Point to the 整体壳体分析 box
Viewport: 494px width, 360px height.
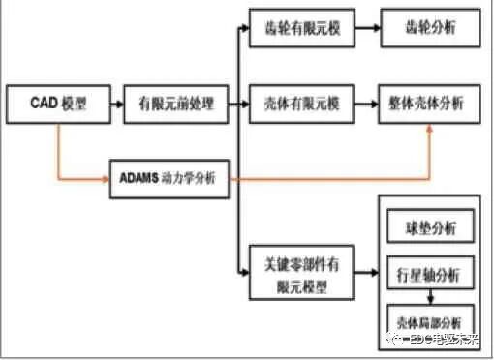click(x=430, y=103)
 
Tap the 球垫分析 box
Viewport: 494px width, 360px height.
click(x=429, y=229)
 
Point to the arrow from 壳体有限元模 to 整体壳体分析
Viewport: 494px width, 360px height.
click(x=359, y=103)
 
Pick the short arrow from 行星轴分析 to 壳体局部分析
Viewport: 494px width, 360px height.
click(x=429, y=298)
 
